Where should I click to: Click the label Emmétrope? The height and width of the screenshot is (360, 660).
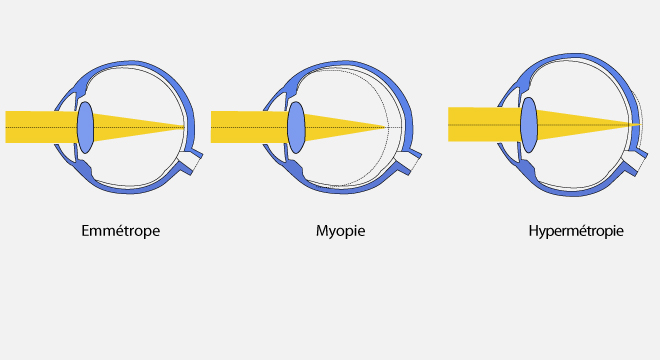[x=120, y=231]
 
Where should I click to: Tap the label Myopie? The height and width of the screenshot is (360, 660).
[x=341, y=231]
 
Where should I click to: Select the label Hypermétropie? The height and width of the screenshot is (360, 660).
[x=576, y=231]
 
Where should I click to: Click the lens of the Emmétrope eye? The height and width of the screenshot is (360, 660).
[x=85, y=127]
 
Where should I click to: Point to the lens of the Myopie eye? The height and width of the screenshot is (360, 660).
[x=296, y=127]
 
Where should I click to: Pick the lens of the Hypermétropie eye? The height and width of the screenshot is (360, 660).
[x=529, y=125]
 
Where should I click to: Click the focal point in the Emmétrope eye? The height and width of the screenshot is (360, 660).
[x=184, y=127]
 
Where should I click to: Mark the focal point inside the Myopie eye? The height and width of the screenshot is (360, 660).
[x=386, y=127]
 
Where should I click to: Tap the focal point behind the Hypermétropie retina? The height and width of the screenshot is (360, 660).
[x=640, y=125]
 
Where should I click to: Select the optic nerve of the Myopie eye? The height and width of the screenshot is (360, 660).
[x=409, y=161]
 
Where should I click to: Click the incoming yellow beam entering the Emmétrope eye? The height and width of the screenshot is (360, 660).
[x=41, y=127]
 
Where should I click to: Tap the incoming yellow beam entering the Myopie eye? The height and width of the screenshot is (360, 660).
[x=249, y=127]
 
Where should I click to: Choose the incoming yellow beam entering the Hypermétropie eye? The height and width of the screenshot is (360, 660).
[x=484, y=125]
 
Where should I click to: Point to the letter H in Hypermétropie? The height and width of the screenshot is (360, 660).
[x=533, y=230]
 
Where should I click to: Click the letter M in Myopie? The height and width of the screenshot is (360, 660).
[x=322, y=230]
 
